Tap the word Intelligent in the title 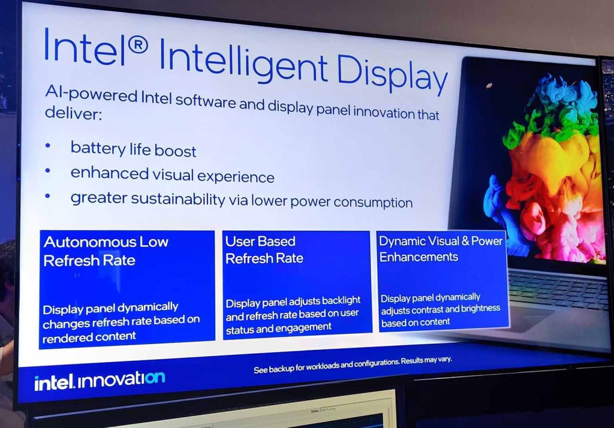(243, 60)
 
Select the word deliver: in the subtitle (73, 113)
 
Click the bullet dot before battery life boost (48, 146)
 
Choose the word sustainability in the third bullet (178, 199)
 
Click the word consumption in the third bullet (373, 203)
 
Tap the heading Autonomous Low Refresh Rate (106, 251)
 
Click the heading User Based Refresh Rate (264, 250)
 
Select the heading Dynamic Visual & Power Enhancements (441, 249)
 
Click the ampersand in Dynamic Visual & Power (465, 240)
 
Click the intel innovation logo (100, 381)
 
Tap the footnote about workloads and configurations (353, 364)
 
